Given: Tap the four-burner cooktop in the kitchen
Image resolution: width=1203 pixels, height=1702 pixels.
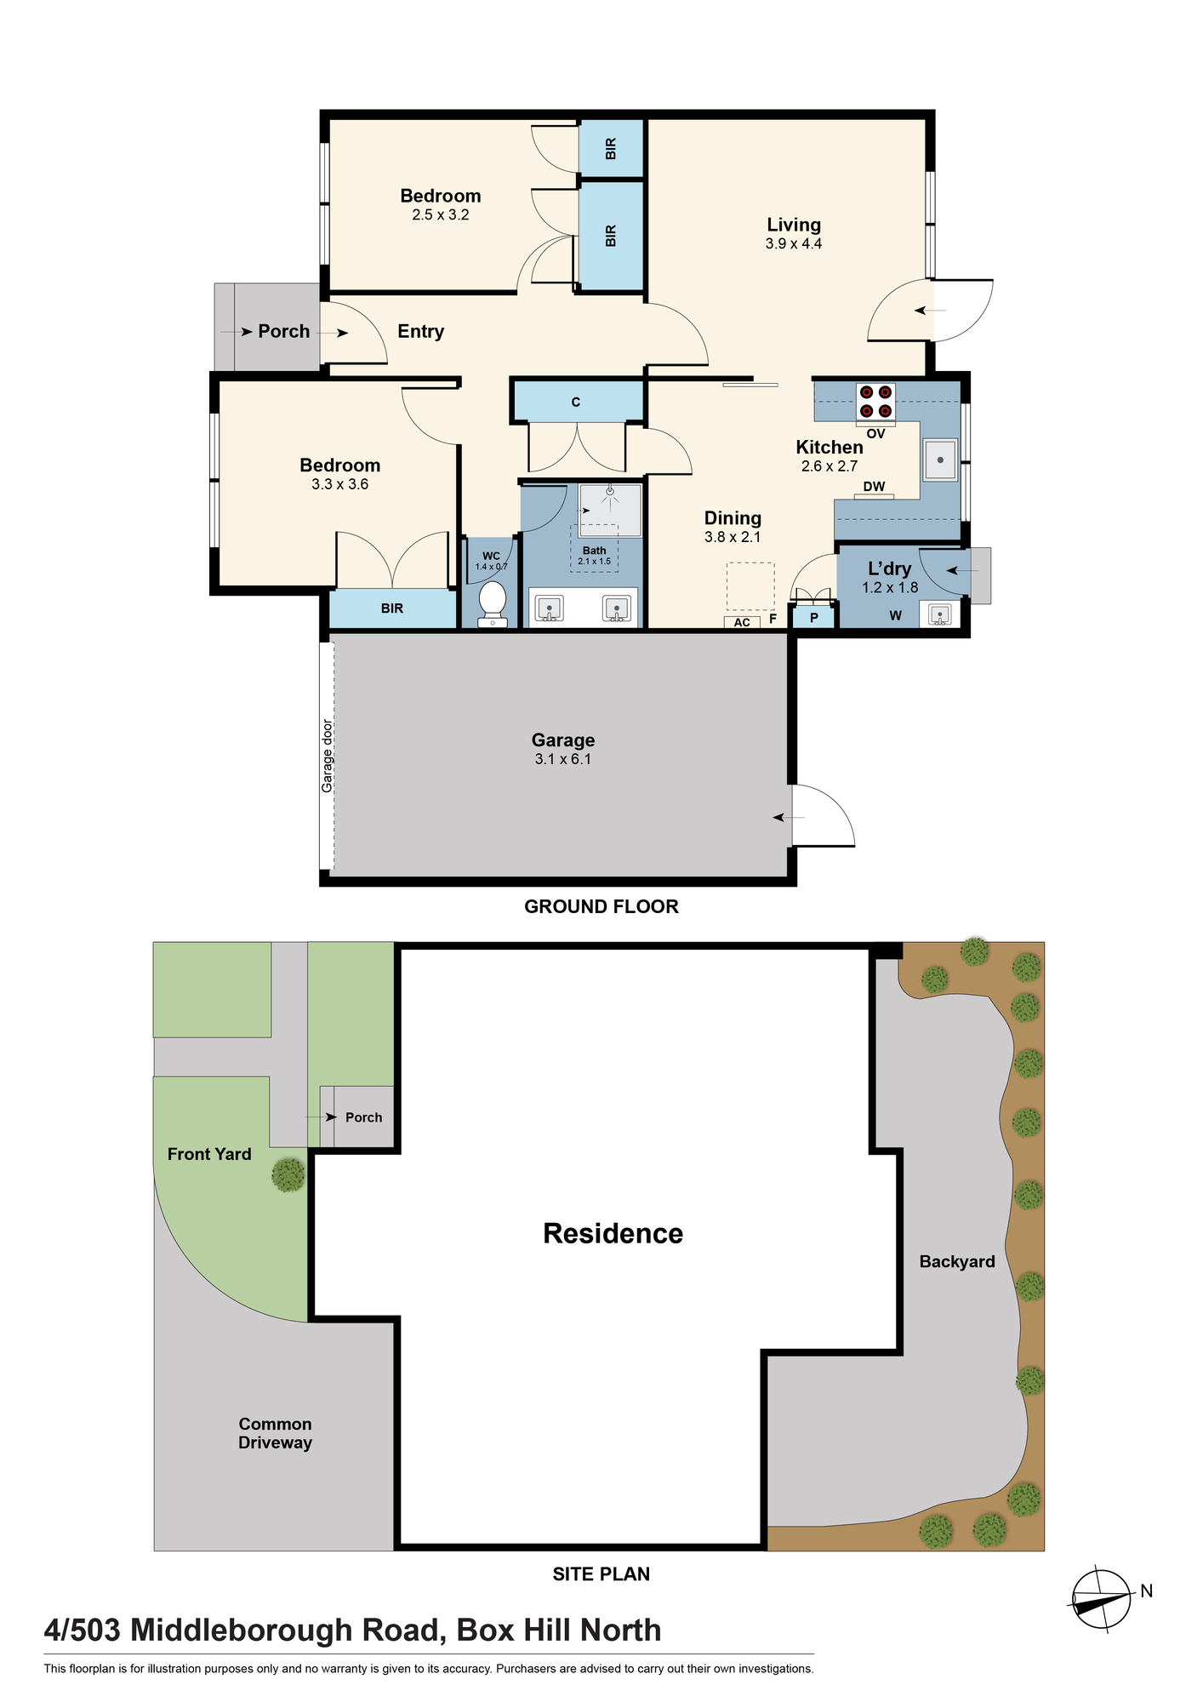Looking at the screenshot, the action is (875, 402).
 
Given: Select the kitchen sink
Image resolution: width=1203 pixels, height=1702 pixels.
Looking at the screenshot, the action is (940, 460).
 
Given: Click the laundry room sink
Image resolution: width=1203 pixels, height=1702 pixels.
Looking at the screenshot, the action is (939, 614).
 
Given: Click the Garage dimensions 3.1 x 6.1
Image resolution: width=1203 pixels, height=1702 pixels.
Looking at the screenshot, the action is (563, 759).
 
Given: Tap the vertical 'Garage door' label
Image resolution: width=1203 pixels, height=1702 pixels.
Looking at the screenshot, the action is (328, 756).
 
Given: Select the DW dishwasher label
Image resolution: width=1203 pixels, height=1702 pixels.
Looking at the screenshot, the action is (875, 487).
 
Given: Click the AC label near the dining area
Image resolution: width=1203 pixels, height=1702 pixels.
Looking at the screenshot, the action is (742, 622).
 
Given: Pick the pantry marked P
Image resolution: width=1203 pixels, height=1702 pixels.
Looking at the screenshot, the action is (814, 617).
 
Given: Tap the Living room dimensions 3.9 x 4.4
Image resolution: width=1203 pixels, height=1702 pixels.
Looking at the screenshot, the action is (794, 243).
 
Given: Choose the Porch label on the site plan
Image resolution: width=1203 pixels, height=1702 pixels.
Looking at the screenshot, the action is (364, 1117).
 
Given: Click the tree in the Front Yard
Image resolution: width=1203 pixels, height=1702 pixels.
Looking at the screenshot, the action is (288, 1175).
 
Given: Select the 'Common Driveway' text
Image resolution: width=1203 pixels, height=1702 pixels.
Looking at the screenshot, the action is (275, 1433).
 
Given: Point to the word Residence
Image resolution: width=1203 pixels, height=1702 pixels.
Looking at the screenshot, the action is (613, 1233).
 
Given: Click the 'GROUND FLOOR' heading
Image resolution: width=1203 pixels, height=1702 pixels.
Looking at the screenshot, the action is (601, 906).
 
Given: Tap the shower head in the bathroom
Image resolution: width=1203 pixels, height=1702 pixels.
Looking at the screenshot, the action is (610, 491).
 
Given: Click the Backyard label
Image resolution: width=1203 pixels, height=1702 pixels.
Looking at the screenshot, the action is (957, 1261).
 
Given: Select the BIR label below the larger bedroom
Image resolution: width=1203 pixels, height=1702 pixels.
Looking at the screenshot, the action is (392, 608).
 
